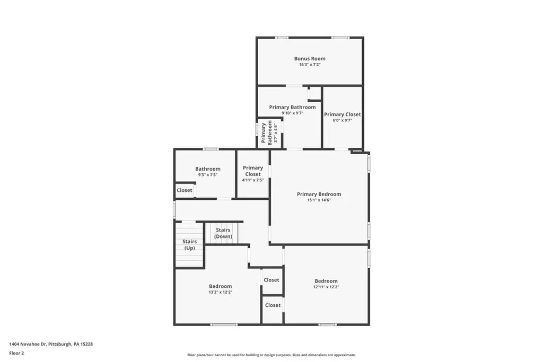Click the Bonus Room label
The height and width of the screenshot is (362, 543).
coord(310,58)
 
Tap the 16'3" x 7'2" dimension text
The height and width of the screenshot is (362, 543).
coord(310,65)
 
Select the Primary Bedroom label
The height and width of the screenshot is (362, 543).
coord(319,194)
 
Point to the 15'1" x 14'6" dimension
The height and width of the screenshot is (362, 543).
coord(319,200)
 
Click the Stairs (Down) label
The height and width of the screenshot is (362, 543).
coord(223,233)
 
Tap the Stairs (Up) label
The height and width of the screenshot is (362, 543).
coord(189,245)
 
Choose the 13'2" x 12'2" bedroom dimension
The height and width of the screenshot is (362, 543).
coord(220,292)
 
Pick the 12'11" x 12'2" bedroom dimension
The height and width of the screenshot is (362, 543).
coord(326,287)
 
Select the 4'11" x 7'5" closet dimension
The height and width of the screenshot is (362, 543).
coord(253,180)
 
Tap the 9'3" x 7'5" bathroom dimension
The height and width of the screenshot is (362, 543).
coord(208,175)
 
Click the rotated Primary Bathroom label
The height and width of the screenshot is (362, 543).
coord(267,133)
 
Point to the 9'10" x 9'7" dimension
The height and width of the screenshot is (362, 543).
coord(292,113)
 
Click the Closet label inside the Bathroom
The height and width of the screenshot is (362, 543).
coord(184,190)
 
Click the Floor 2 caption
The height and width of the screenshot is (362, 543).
coord(16,354)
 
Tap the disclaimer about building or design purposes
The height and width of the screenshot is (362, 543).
coord(271,355)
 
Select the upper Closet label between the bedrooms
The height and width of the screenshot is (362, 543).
coord(271,280)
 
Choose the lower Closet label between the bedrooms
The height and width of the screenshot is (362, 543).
coord(273,305)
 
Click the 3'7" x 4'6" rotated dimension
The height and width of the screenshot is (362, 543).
coord(276,133)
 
